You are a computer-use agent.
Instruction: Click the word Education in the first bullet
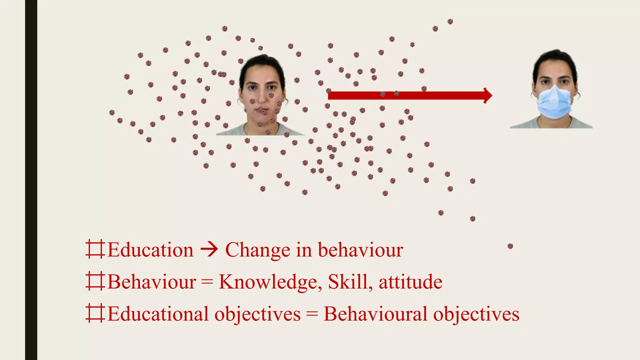(x=150, y=250)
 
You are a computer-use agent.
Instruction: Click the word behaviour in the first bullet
(x=360, y=250)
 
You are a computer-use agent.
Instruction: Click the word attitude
(x=411, y=282)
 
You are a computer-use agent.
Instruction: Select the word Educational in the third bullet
(x=158, y=314)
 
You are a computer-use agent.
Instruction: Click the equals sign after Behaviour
(x=207, y=282)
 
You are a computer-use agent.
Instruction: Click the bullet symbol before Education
(x=95, y=249)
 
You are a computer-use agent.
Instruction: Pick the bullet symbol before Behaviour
(x=95, y=281)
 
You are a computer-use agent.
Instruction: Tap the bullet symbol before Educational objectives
(x=95, y=313)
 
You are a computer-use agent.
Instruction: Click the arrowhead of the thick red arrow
(x=487, y=96)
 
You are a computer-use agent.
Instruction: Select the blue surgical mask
(x=554, y=103)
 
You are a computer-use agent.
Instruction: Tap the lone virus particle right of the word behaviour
(x=510, y=246)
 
